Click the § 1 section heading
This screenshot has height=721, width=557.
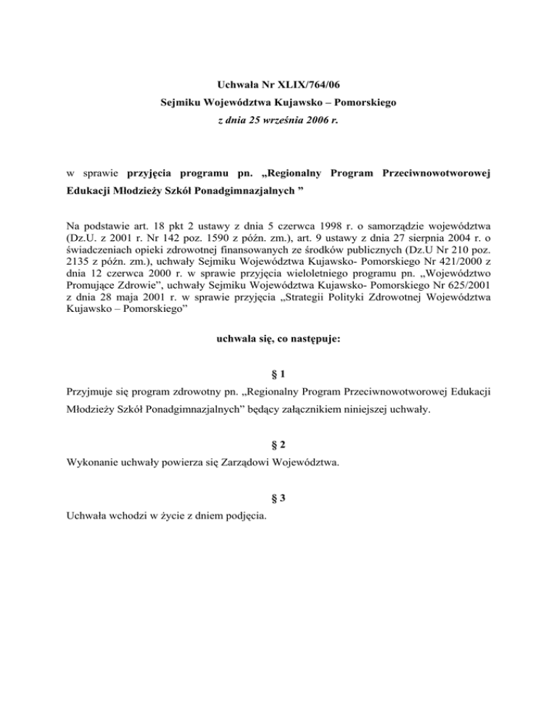pyautogui.click(x=278, y=375)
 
